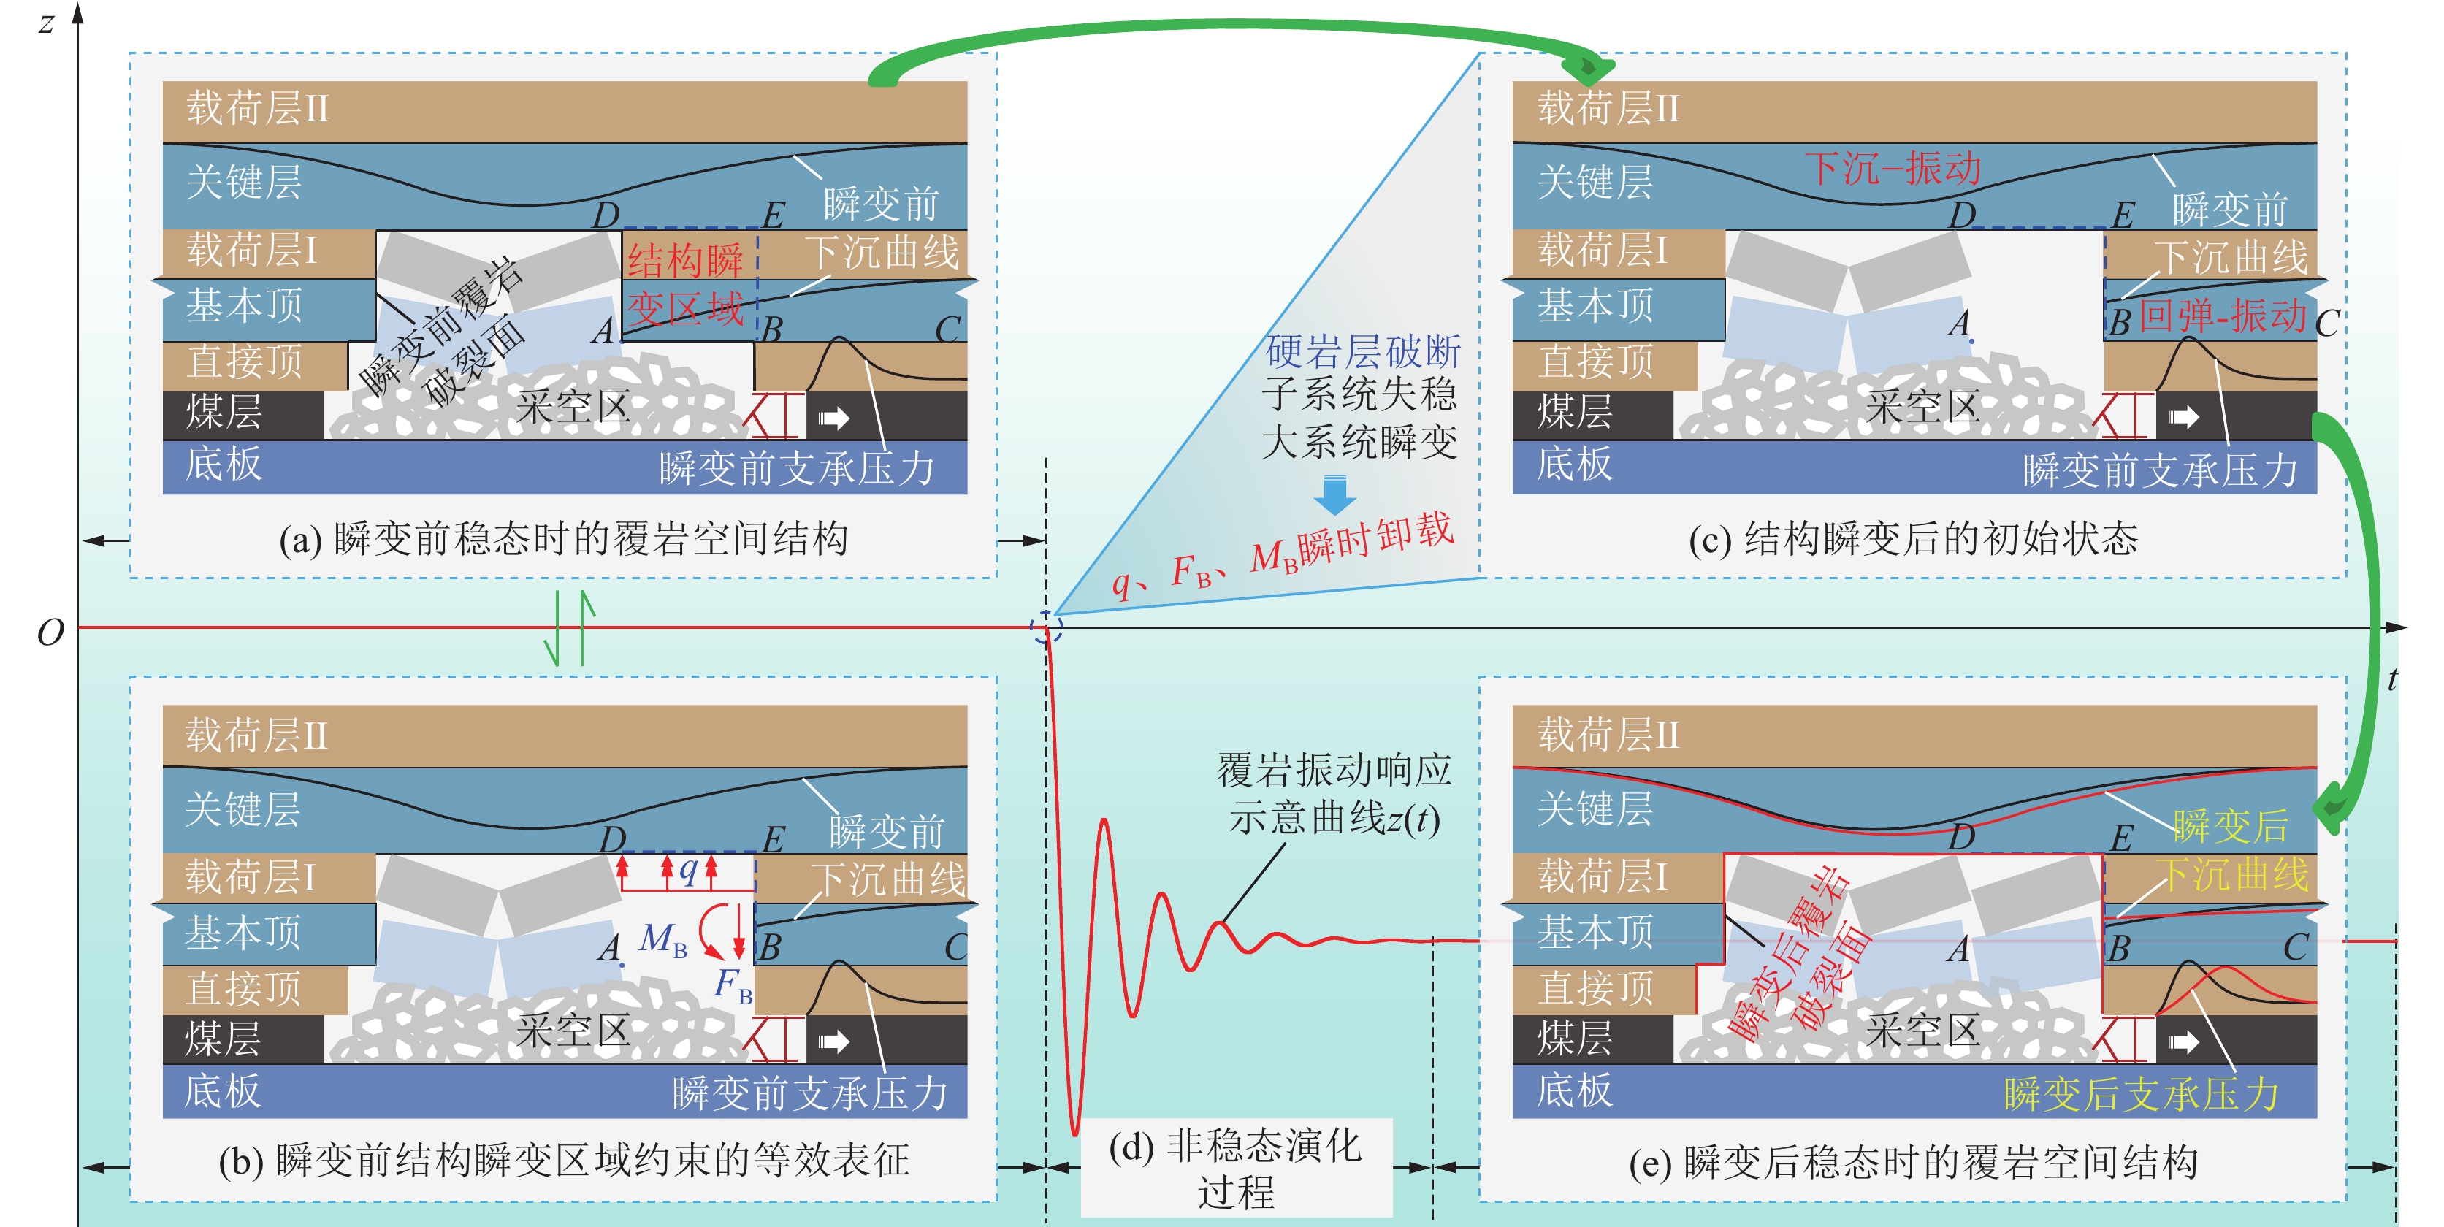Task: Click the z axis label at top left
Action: [x=45, y=21]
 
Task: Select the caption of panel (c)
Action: [x=1913, y=540]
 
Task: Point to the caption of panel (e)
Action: [x=1913, y=1163]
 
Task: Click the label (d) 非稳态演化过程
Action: [x=1235, y=1168]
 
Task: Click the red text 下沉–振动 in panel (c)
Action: [x=1892, y=169]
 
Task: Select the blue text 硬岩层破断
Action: [x=1364, y=352]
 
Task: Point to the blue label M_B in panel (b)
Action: [x=663, y=939]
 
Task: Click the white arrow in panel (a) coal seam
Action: [x=833, y=418]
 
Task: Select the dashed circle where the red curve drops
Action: [x=1047, y=628]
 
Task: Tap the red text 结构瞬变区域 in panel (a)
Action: [x=686, y=285]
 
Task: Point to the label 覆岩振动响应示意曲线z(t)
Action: [x=1334, y=793]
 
